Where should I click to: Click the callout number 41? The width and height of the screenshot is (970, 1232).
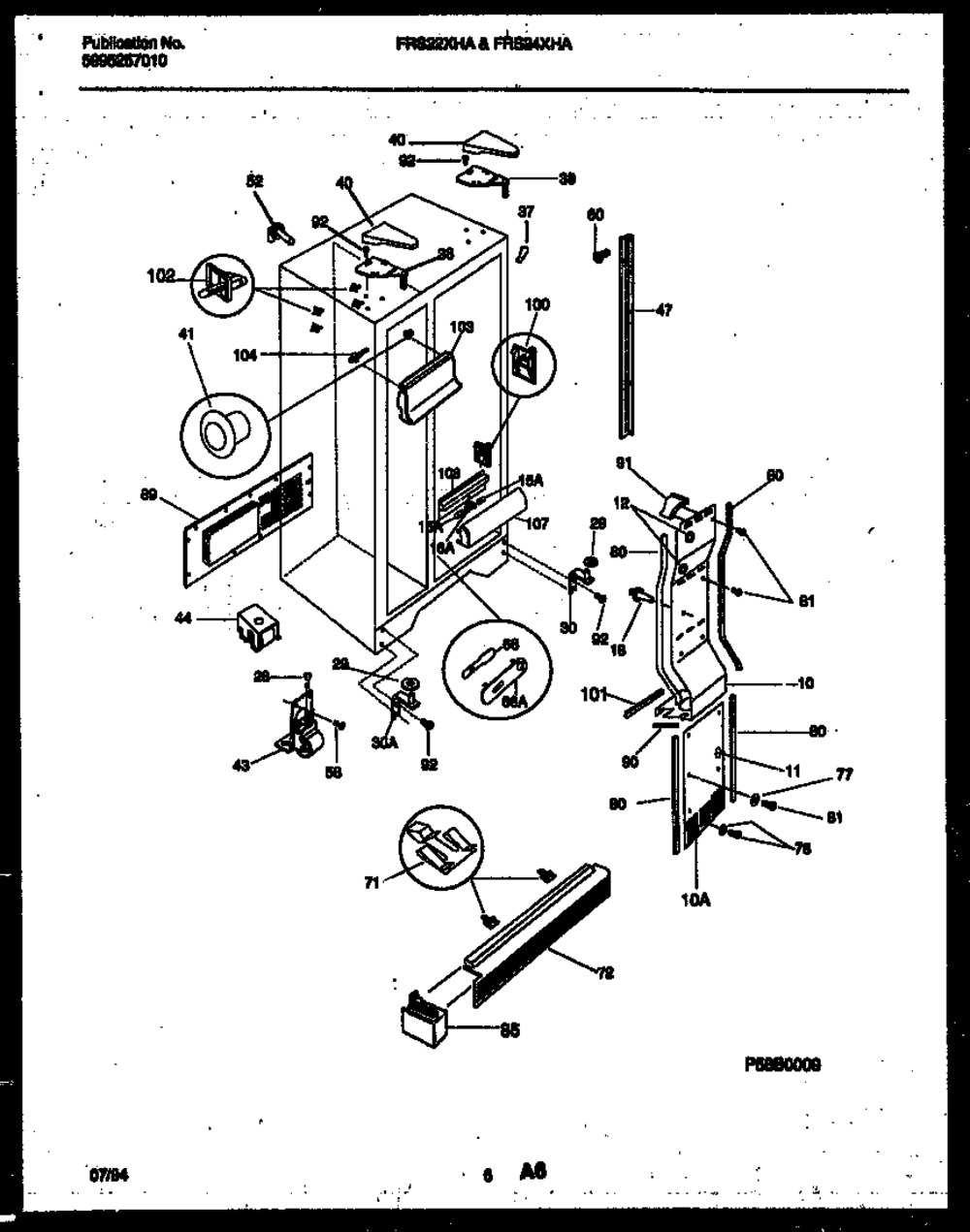point(186,334)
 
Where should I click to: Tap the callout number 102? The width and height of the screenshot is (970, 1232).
point(161,276)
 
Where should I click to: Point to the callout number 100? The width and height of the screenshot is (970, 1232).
point(536,304)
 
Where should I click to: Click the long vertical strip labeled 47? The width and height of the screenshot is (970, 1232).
point(628,334)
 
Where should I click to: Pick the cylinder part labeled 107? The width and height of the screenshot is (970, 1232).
point(491,518)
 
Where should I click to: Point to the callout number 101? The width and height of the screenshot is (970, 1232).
point(595,694)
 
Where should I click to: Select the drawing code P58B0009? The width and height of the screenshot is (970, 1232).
point(783,1063)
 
